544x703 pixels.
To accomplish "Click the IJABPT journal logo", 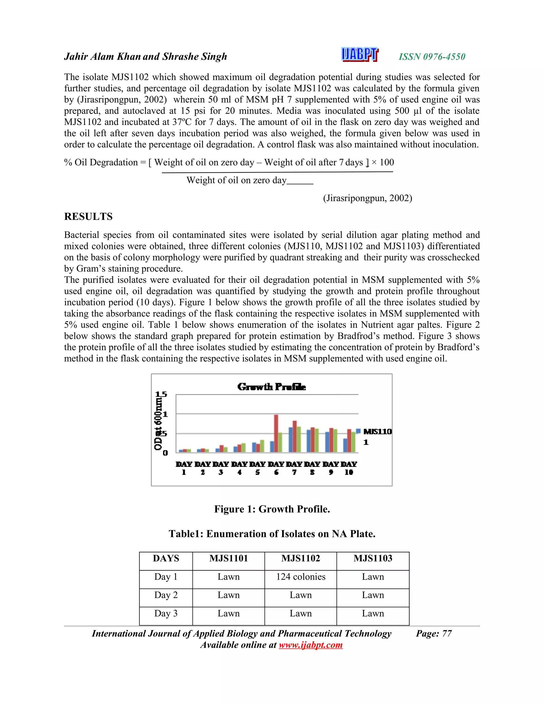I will (x=360, y=54).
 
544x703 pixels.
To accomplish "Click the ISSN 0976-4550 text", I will (x=432, y=57).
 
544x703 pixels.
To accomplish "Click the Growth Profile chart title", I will (x=271, y=387).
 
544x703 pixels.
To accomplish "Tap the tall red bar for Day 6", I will (x=276, y=433).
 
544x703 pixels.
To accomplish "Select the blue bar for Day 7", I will (x=291, y=440).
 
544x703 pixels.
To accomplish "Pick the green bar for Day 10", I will (x=354, y=442).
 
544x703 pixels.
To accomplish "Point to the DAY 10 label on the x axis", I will (x=349, y=468).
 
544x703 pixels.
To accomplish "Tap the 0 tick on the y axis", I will (x=165, y=453).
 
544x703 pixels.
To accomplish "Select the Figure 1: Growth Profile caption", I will (x=272, y=509).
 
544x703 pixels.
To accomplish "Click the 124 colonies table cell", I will (x=301, y=576).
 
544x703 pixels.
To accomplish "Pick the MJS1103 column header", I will (x=373, y=558).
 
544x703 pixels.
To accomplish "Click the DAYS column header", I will (x=166, y=558).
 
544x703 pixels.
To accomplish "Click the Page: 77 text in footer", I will (x=434, y=633).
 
